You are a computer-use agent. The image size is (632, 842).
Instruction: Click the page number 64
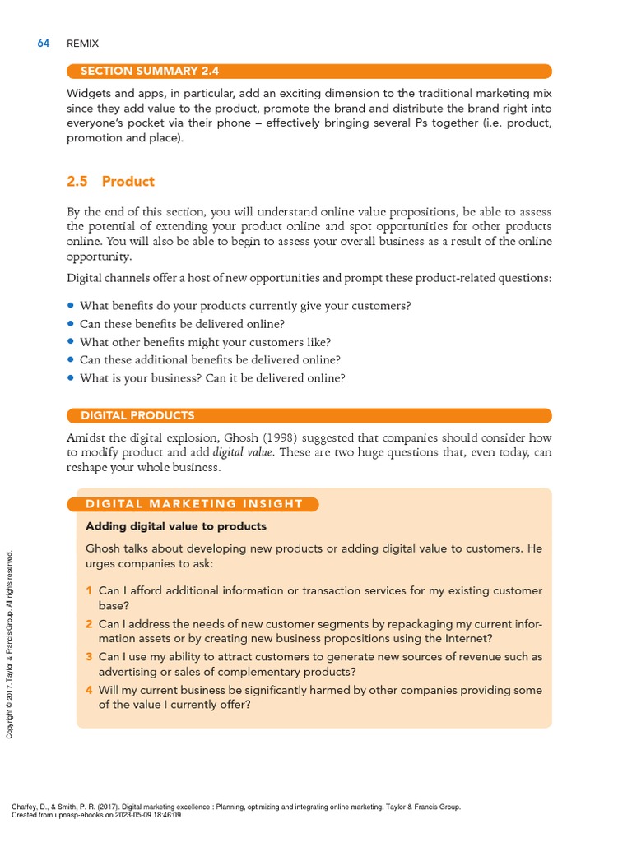coord(44,43)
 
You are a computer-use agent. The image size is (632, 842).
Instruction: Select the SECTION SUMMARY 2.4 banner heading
coord(149,72)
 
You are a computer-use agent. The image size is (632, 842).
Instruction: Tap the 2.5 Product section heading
coord(128,182)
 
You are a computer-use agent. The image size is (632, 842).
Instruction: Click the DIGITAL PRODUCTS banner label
coord(137,415)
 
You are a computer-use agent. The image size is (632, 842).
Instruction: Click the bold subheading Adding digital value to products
coord(176,526)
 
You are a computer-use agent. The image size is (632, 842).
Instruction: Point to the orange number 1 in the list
coord(89,591)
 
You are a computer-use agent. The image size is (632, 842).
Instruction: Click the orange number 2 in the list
coord(89,624)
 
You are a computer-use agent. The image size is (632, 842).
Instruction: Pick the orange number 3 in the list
coord(89,657)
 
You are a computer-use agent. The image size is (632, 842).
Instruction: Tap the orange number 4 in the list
coord(89,690)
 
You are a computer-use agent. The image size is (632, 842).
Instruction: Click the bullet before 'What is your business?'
coord(71,378)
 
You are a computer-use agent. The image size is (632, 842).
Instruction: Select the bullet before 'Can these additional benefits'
coord(71,360)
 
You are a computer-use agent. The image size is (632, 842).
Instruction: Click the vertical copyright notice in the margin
coord(10,644)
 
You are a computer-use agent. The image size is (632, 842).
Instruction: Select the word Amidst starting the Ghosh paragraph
coord(86,437)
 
